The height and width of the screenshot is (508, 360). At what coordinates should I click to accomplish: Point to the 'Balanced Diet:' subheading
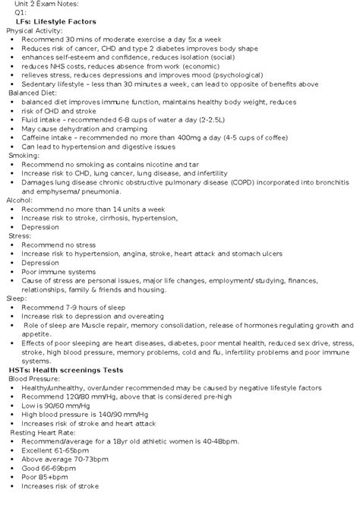(x=34, y=93)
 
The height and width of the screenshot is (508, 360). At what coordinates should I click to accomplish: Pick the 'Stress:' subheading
(x=20, y=236)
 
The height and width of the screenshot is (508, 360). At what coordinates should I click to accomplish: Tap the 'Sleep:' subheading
(x=17, y=298)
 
